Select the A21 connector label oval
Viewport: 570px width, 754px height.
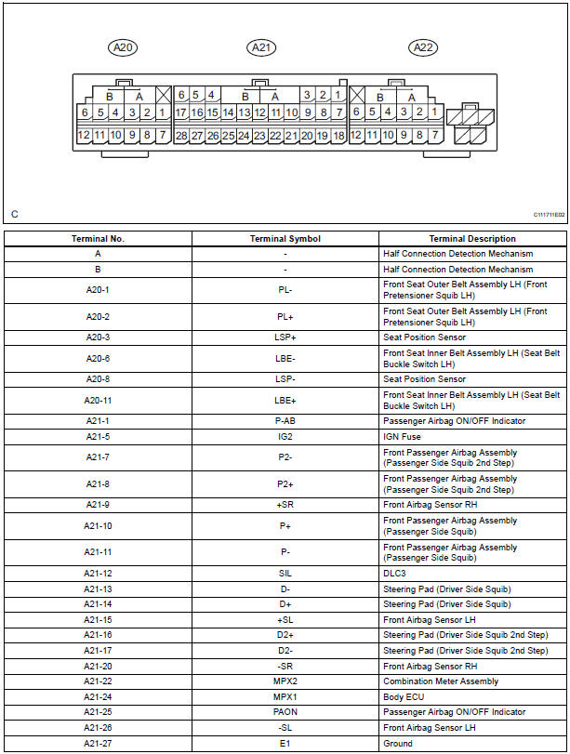(x=261, y=47)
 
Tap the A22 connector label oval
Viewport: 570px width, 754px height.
(x=422, y=47)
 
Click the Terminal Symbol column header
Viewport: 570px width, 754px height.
(x=285, y=239)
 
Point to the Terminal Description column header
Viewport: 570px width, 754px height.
(x=472, y=239)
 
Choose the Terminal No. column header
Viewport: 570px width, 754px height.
(x=98, y=239)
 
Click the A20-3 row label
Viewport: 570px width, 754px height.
(x=98, y=337)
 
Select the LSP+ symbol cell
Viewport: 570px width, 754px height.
(x=285, y=337)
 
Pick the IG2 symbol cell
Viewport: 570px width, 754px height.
(x=285, y=436)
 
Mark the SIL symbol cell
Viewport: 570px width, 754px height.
(x=285, y=574)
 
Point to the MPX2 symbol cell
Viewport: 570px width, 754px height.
(x=285, y=681)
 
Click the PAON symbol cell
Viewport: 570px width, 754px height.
(x=285, y=712)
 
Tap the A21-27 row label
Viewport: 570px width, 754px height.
(x=98, y=744)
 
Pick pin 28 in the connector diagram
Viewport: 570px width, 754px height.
(x=181, y=136)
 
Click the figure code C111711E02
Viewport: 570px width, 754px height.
(x=549, y=215)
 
